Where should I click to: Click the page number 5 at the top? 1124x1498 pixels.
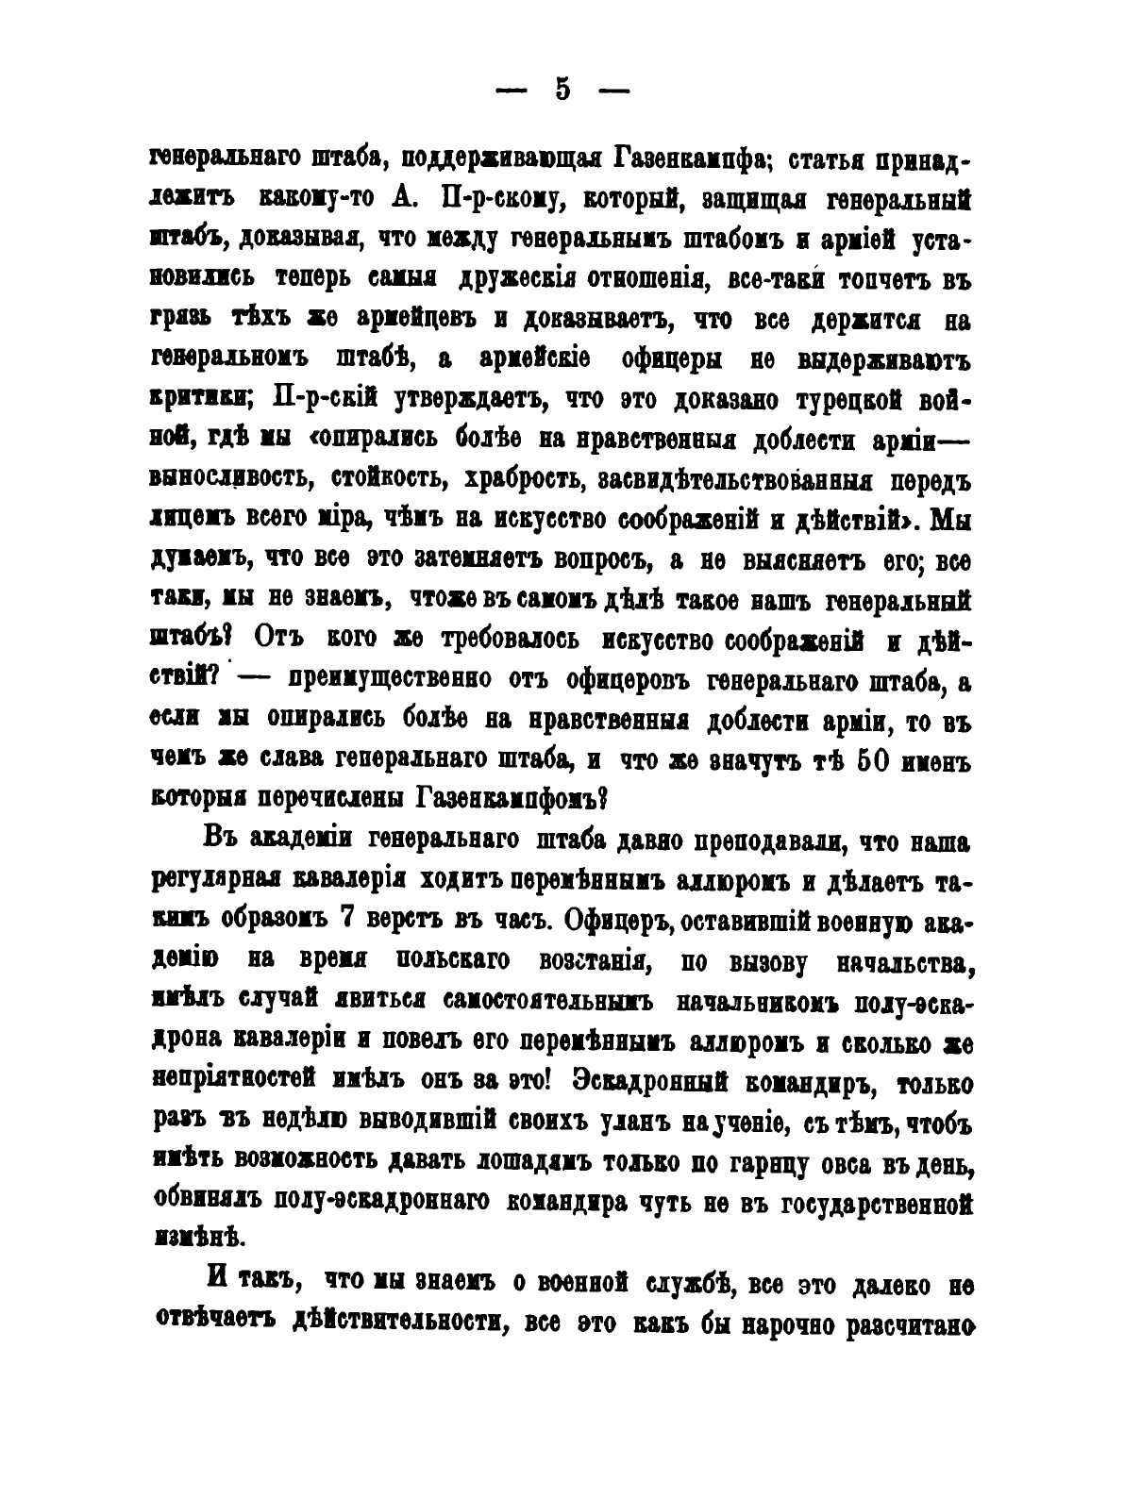coord(562,89)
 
